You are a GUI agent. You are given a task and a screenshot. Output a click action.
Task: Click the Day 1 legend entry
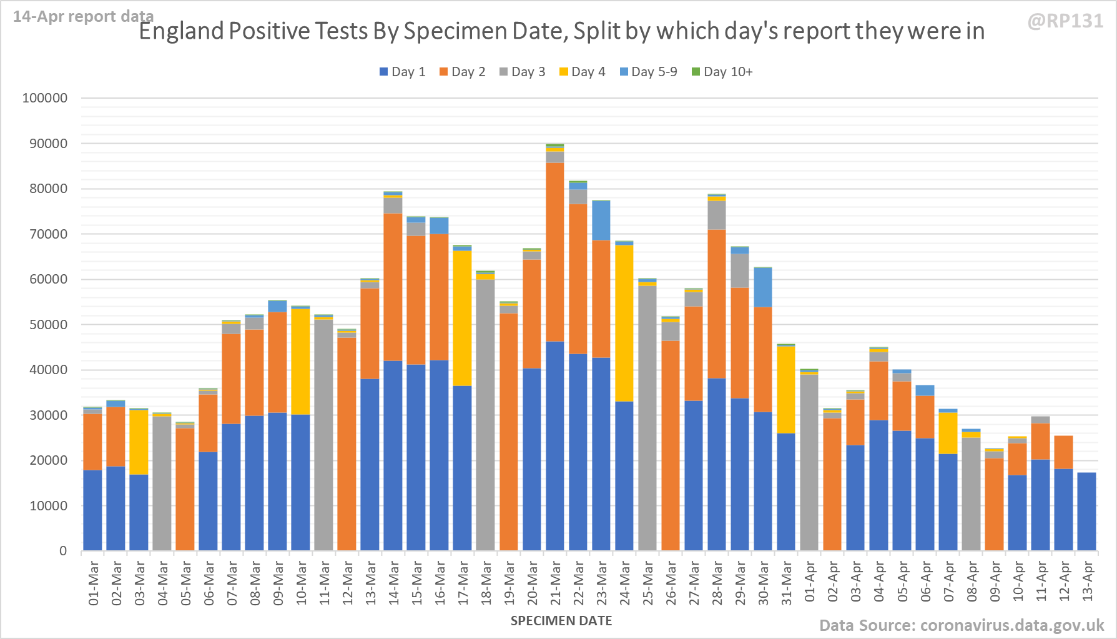coord(402,72)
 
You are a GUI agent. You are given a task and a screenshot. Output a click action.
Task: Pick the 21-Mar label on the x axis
coord(556,583)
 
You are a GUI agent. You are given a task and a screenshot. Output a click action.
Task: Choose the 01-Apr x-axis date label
coord(810,582)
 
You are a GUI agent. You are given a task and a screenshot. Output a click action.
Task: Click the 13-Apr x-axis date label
coord(1087,582)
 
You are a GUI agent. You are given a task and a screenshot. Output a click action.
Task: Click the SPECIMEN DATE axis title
coord(561,621)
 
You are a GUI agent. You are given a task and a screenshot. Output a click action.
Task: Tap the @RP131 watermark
coord(1065,21)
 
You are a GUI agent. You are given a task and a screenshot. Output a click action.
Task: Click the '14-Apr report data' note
coord(83,16)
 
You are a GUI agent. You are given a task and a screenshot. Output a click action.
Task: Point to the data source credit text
coord(962,625)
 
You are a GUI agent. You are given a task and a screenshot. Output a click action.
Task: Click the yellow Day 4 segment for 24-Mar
coord(624,323)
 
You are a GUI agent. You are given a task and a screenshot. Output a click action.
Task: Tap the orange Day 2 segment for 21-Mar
coord(555,252)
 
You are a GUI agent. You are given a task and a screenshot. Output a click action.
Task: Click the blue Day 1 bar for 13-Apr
coord(1087,511)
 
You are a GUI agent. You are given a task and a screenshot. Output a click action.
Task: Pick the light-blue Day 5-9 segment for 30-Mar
coord(763,287)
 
